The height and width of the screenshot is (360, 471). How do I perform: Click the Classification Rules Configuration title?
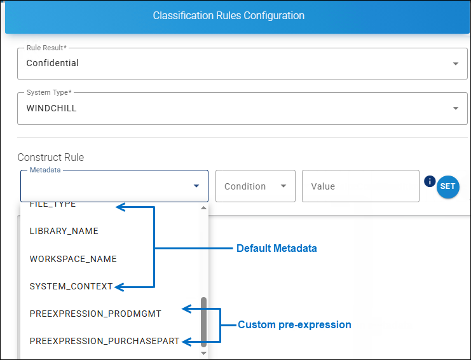click(x=228, y=16)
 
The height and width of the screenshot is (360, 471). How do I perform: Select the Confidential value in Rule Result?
click(x=53, y=64)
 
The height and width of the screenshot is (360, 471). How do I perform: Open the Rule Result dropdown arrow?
click(x=455, y=64)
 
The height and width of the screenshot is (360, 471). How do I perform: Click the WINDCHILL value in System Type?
click(x=51, y=109)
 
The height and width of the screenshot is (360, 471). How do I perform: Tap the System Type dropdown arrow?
click(x=455, y=109)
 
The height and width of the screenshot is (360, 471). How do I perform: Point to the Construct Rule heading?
click(x=50, y=157)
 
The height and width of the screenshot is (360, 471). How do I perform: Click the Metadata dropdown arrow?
click(x=196, y=186)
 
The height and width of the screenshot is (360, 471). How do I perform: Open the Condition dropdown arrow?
click(x=283, y=186)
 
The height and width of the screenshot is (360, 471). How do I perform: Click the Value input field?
click(x=360, y=186)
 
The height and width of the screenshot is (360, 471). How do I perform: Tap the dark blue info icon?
click(x=429, y=182)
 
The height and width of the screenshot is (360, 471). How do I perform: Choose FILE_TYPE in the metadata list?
click(x=53, y=205)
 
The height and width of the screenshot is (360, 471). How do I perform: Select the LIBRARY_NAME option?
click(x=64, y=232)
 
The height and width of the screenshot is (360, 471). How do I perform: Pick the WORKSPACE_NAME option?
click(x=73, y=259)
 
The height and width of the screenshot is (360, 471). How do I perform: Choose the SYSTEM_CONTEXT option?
click(x=71, y=286)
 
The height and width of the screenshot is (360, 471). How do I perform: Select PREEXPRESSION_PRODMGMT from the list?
click(x=95, y=314)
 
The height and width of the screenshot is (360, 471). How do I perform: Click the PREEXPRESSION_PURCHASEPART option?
click(x=104, y=341)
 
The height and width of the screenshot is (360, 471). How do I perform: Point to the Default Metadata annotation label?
click(x=276, y=249)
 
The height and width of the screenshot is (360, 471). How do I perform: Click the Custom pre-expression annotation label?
click(x=294, y=325)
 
